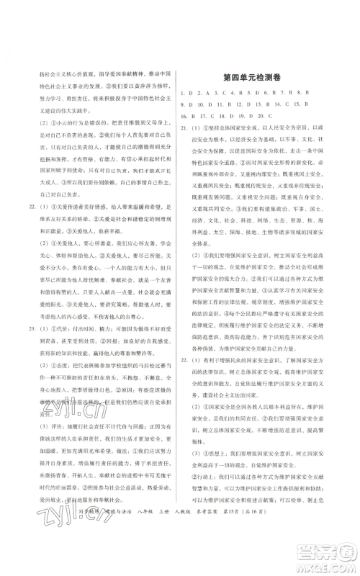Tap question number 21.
click(186, 127)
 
